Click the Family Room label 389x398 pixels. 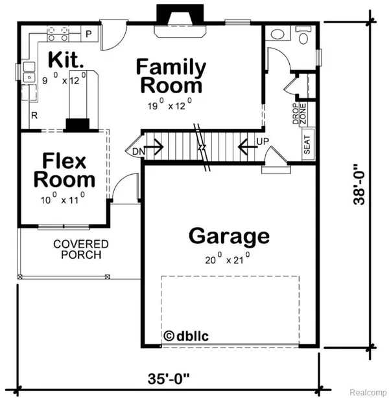pyautogui.click(x=171, y=76)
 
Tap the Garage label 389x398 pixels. pyautogui.click(x=229, y=236)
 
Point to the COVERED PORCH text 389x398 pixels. pyautogui.click(x=81, y=249)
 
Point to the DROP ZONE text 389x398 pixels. pyautogui.click(x=298, y=114)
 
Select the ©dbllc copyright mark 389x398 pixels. pyautogui.click(x=187, y=336)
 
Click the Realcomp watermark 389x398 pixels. pyautogui.click(x=367, y=391)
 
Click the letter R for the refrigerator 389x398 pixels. pyautogui.click(x=33, y=116)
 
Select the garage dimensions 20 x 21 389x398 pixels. pyautogui.click(x=228, y=260)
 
